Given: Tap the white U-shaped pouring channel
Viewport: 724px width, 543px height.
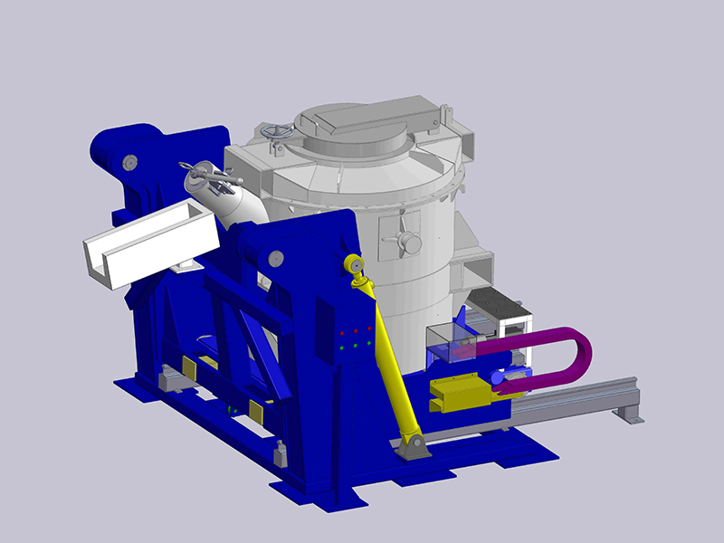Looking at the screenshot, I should point(149,244).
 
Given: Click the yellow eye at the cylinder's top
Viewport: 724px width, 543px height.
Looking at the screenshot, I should point(352,264).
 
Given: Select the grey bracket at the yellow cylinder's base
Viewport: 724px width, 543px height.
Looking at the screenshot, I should point(414,446).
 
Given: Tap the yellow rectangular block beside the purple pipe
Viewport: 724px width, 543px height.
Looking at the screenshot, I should point(462,391).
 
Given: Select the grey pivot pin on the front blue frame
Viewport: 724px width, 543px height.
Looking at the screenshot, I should point(275,260).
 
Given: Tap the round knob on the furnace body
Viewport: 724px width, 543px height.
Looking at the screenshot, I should point(410,242).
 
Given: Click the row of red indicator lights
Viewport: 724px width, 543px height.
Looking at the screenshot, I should point(356,329).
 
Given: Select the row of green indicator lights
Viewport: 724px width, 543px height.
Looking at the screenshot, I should point(356,345).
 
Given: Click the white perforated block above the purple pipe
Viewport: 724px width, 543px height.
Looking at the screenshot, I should point(500,307).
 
